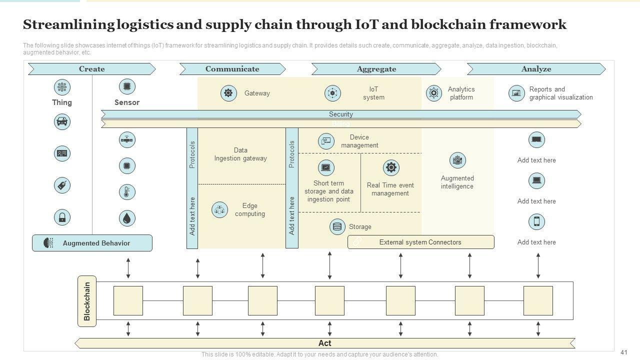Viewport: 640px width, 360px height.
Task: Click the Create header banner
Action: (x=91, y=69)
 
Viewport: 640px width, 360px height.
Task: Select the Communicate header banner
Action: (x=232, y=69)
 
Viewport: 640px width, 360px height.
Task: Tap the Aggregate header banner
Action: (x=376, y=69)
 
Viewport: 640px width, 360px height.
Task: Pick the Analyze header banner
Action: (x=536, y=69)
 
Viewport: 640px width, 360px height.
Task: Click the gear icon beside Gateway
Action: (x=228, y=93)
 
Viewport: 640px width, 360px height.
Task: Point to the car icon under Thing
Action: (x=62, y=121)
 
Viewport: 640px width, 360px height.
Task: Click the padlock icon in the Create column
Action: (x=62, y=217)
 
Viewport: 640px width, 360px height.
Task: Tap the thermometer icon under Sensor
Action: (x=127, y=192)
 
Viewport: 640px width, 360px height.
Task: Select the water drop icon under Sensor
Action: (x=127, y=218)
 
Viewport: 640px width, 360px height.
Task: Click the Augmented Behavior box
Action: (x=92, y=243)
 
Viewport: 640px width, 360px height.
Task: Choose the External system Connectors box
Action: (x=420, y=242)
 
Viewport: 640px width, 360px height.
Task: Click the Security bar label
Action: (x=340, y=114)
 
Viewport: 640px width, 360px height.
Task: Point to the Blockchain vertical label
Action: (x=87, y=301)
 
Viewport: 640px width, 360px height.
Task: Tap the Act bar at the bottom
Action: (x=324, y=343)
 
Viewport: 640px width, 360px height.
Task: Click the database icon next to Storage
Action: (x=337, y=226)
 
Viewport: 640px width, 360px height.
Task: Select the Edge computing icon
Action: (x=219, y=210)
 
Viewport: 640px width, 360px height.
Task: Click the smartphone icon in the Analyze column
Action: (x=536, y=221)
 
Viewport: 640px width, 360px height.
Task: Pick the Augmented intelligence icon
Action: (x=457, y=160)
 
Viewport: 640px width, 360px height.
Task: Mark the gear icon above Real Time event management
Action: (x=390, y=167)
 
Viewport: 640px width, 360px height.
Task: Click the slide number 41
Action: (x=623, y=352)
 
